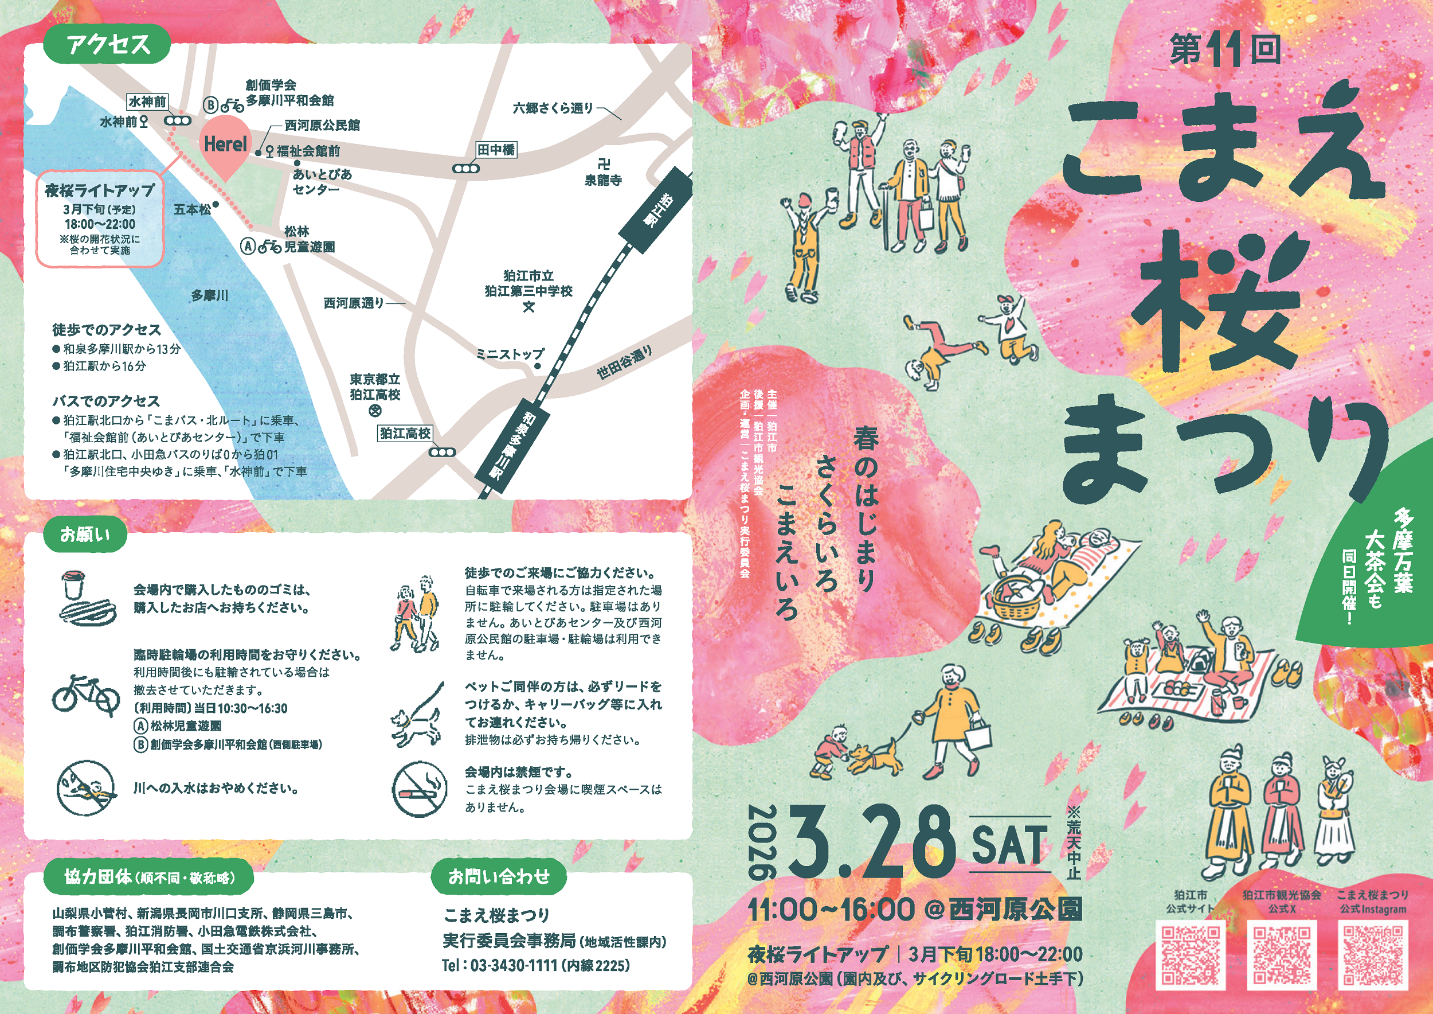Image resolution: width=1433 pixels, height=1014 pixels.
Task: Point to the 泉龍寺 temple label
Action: (603, 181)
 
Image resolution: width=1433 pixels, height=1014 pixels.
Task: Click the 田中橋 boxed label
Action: (496, 150)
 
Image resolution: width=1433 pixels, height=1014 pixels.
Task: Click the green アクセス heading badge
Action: (107, 44)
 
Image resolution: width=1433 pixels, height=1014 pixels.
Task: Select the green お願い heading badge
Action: (85, 535)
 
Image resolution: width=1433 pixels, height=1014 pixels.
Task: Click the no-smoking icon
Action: (420, 789)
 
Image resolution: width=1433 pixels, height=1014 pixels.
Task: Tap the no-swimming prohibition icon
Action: (87, 788)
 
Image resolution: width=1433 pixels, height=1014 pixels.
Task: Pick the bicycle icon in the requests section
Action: (85, 695)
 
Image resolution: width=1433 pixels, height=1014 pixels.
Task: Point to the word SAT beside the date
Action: (1009, 845)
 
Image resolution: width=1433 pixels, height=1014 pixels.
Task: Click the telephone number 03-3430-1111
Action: (513, 965)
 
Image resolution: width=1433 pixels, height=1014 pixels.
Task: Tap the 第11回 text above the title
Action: (1225, 50)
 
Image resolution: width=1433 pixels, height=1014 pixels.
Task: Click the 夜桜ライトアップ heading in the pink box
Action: (100, 190)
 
